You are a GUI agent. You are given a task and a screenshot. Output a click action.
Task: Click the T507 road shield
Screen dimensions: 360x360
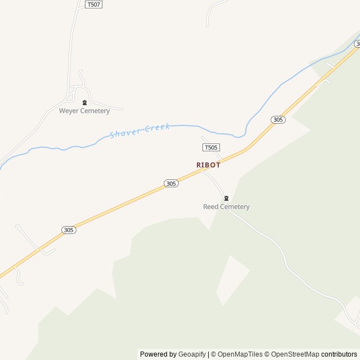94,4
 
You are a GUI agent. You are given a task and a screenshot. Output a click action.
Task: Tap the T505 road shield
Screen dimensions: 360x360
210,147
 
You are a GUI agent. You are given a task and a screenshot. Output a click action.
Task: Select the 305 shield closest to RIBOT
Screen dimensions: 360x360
172,183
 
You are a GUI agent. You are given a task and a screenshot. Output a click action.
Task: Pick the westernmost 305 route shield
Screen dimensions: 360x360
69,229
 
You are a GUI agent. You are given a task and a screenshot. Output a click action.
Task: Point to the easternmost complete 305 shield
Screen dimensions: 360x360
277,119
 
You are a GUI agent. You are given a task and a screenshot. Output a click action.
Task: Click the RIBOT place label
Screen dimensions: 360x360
208,165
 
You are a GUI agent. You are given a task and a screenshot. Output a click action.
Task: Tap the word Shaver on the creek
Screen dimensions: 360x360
123,133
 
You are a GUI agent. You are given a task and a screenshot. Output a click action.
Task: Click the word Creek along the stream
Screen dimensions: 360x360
157,128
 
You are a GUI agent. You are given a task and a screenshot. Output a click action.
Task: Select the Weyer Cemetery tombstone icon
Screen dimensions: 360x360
84,102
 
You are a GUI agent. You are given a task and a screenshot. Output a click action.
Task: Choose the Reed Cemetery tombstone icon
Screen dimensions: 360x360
226,198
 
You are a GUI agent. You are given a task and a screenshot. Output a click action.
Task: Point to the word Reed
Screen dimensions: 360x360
211,207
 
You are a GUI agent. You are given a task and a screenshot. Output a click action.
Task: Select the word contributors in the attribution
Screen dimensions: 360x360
339,354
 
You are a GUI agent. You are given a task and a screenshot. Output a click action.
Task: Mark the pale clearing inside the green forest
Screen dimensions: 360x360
232,279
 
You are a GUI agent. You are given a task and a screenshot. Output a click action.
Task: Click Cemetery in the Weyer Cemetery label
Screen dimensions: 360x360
94,111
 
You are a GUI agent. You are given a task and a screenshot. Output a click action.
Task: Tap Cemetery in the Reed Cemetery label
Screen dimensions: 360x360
235,207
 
